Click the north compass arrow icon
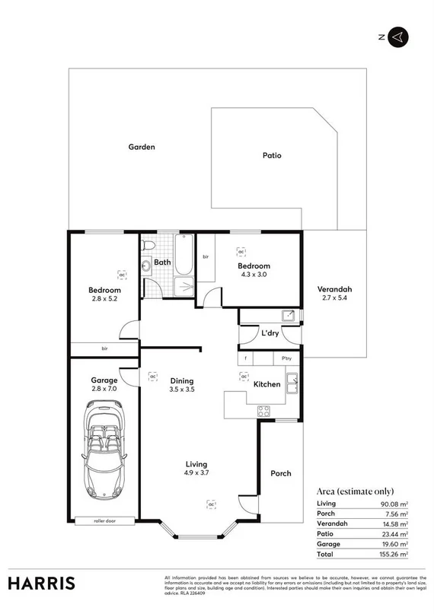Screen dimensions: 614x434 pyautogui.click(x=398, y=36)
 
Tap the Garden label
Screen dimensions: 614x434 pyautogui.click(x=141, y=147)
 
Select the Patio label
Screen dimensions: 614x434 pyautogui.click(x=272, y=155)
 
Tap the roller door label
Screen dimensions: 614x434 pyautogui.click(x=104, y=521)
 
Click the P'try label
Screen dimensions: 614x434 pyautogui.click(x=287, y=358)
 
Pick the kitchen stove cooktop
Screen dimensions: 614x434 pyautogui.click(x=264, y=411)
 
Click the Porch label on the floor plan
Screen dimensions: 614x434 pyautogui.click(x=281, y=473)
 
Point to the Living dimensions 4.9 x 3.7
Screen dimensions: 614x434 pyautogui.click(x=196, y=472)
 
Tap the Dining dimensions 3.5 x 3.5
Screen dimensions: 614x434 pyautogui.click(x=182, y=390)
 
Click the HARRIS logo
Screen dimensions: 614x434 pyautogui.click(x=42, y=583)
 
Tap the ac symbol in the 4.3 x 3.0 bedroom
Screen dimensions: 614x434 pyautogui.click(x=241, y=252)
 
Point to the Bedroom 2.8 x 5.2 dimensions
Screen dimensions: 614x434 pyautogui.click(x=104, y=299)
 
